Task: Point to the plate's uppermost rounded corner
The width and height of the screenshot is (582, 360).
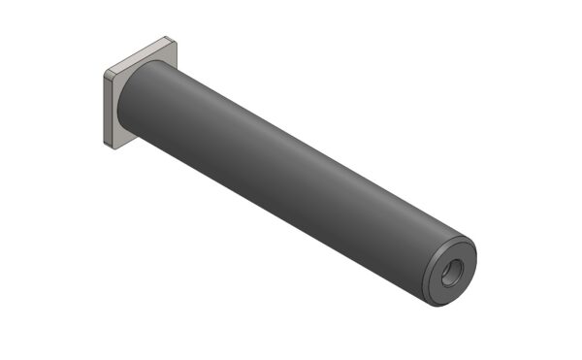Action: [172, 40]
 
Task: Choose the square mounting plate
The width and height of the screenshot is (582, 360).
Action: [117, 97]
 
